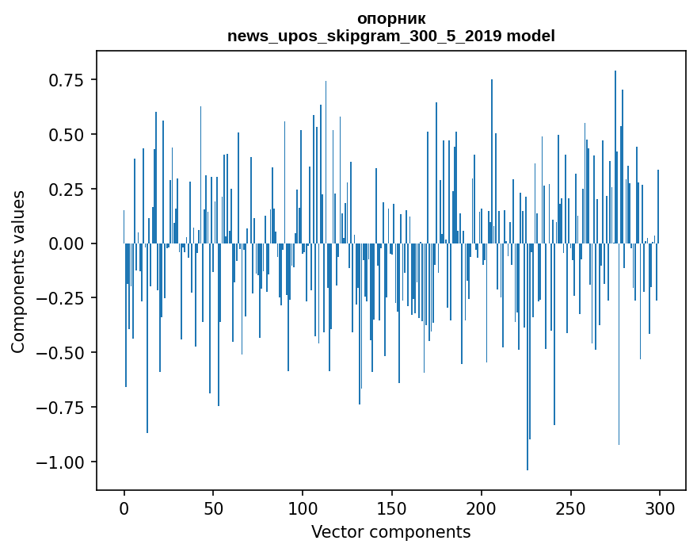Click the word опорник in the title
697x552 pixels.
coord(391,18)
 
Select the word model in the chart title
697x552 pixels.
coord(531,36)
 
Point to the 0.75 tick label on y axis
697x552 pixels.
coord(66,80)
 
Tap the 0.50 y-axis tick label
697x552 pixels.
coord(66,135)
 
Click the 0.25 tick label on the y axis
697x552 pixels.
coord(66,190)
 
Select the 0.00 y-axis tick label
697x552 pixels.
coord(66,243)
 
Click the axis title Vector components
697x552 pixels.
coord(391,532)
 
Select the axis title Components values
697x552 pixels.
coord(18,271)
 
